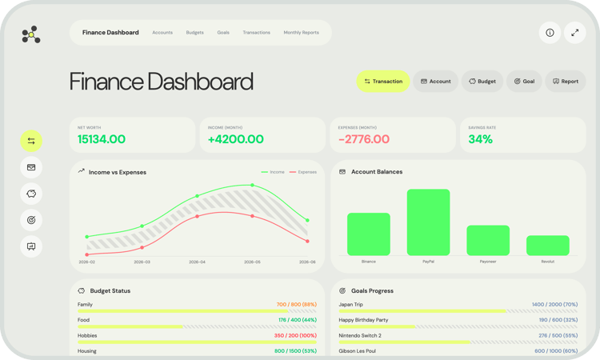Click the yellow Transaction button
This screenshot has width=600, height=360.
coord(382,82)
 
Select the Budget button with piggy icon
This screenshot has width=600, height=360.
coord(482,82)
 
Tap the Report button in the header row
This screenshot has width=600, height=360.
coord(565,82)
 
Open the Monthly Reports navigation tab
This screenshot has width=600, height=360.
coord(301,33)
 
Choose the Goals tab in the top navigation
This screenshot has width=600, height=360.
coord(223,33)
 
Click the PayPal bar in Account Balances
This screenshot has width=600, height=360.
coord(428,222)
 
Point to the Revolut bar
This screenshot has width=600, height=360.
coord(547,246)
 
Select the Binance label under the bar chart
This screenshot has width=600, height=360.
coord(368,262)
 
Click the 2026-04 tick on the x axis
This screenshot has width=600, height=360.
coord(197,262)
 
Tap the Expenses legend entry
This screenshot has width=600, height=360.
coord(303,172)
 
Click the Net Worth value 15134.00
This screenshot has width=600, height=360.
coord(102,139)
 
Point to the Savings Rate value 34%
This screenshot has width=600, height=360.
coord(480,139)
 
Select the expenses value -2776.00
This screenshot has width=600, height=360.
coord(364,139)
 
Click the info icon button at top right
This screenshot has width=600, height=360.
coord(550,33)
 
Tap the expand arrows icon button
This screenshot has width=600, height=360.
coord(575,33)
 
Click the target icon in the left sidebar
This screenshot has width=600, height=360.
coord(31,220)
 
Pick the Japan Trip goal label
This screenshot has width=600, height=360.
coord(350,305)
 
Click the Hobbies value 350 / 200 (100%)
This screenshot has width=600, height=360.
coord(295,335)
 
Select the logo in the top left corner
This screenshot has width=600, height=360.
coord(30,34)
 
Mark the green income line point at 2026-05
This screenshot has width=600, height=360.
coord(253,186)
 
